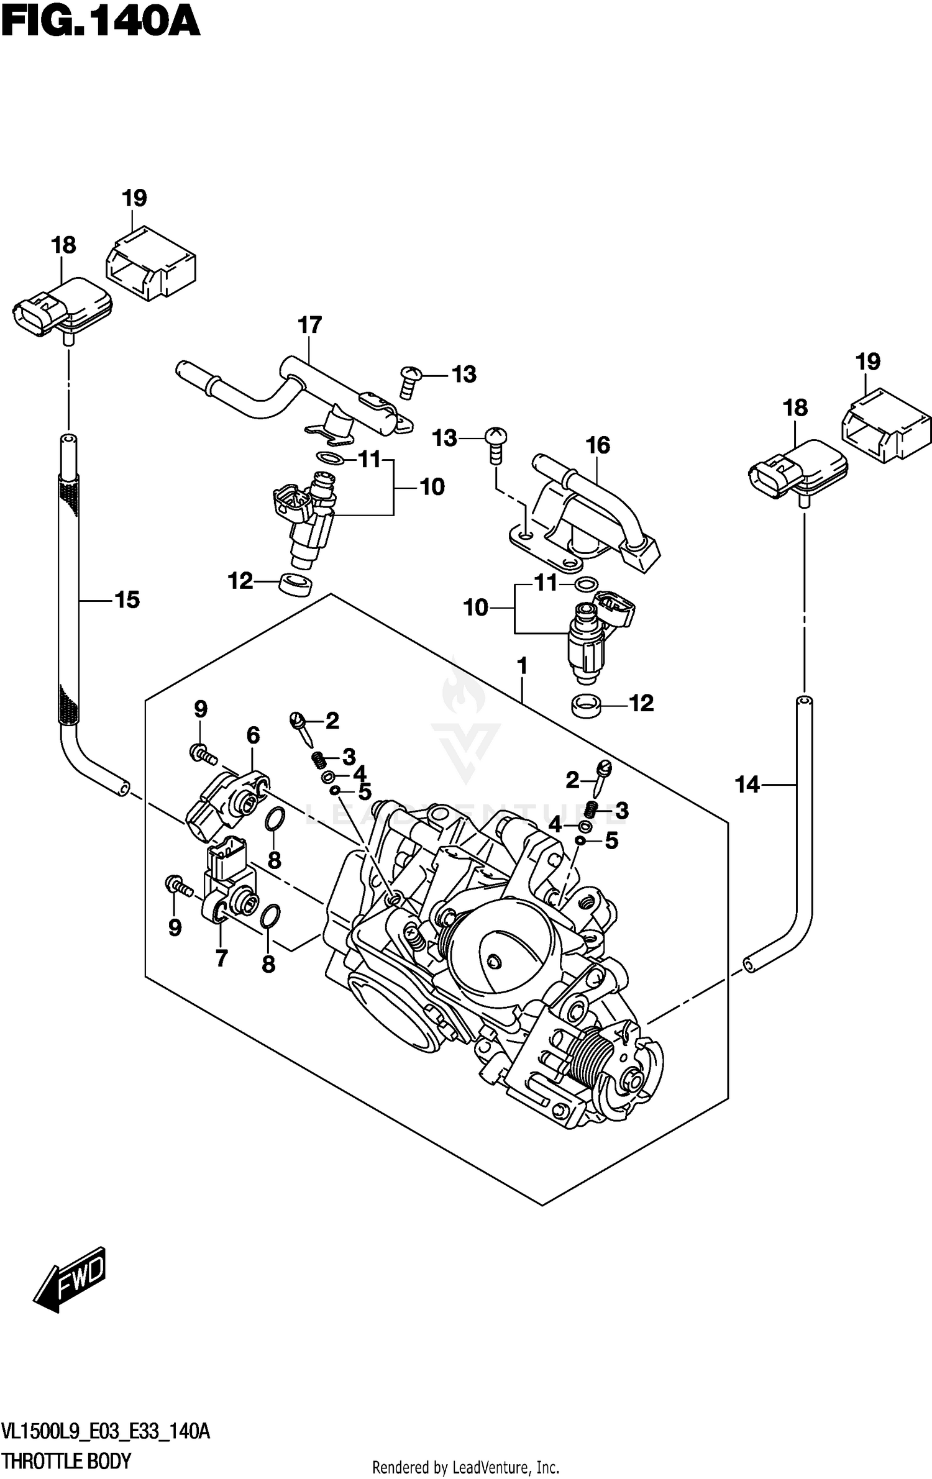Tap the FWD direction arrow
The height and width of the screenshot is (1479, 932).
click(x=70, y=1279)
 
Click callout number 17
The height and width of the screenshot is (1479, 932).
click(x=309, y=325)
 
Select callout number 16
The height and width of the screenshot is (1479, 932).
click(x=597, y=445)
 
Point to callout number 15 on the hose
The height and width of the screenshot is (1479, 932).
click(x=127, y=600)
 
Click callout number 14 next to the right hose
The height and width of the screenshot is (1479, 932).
click(x=747, y=785)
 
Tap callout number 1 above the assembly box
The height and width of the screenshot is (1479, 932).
click(x=522, y=667)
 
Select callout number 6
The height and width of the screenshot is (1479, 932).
click(x=253, y=735)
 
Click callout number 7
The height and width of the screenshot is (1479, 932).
click(x=221, y=959)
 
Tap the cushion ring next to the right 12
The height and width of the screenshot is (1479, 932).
click(x=585, y=706)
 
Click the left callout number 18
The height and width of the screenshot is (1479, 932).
click(x=63, y=245)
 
